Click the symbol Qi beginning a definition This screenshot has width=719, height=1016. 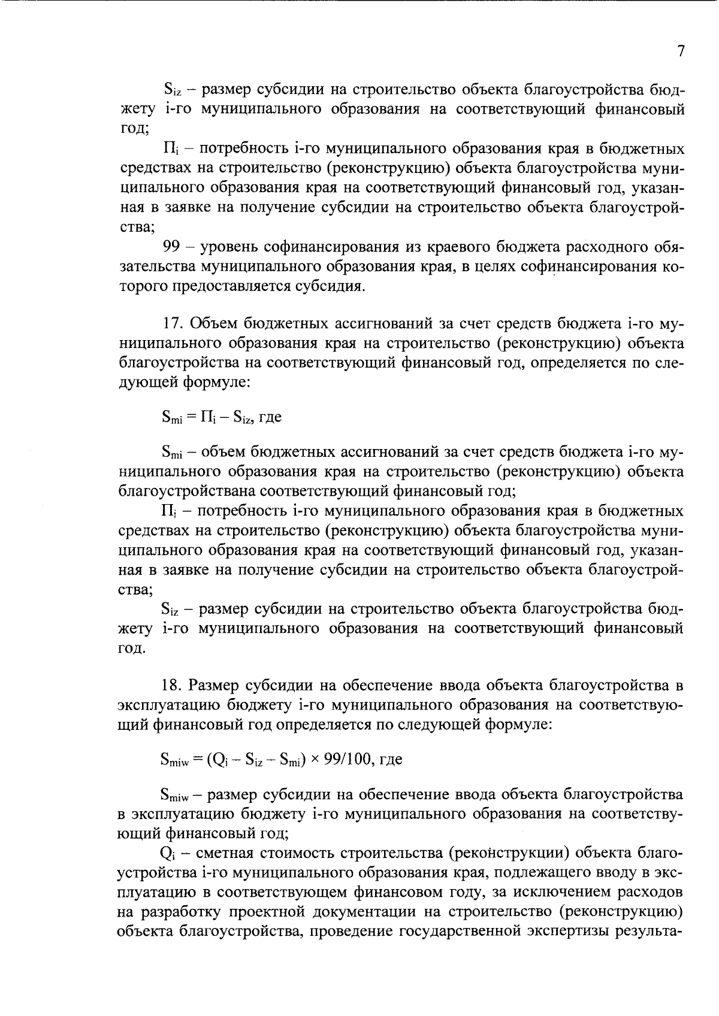(167, 853)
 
